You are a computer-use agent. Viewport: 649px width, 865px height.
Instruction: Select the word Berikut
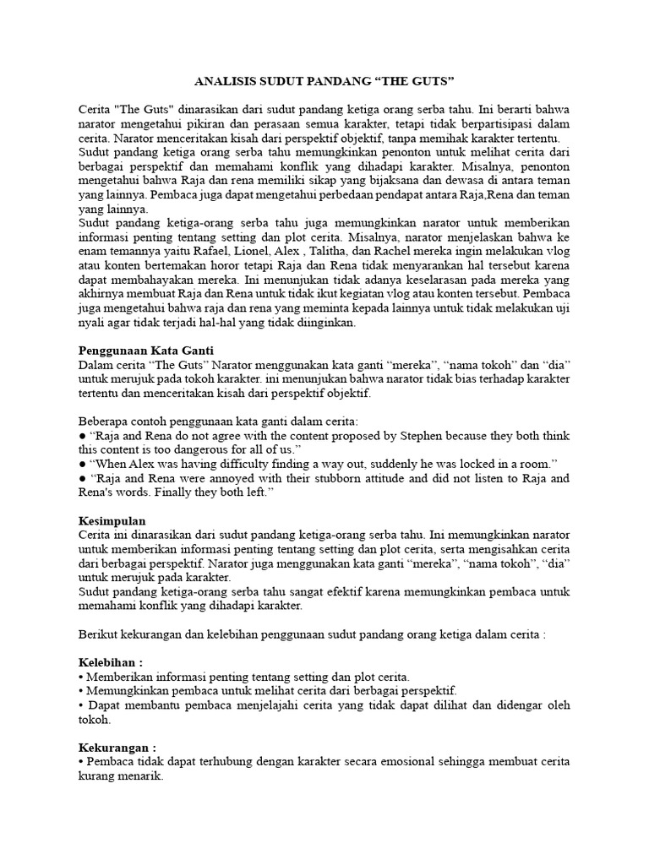[x=99, y=634]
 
